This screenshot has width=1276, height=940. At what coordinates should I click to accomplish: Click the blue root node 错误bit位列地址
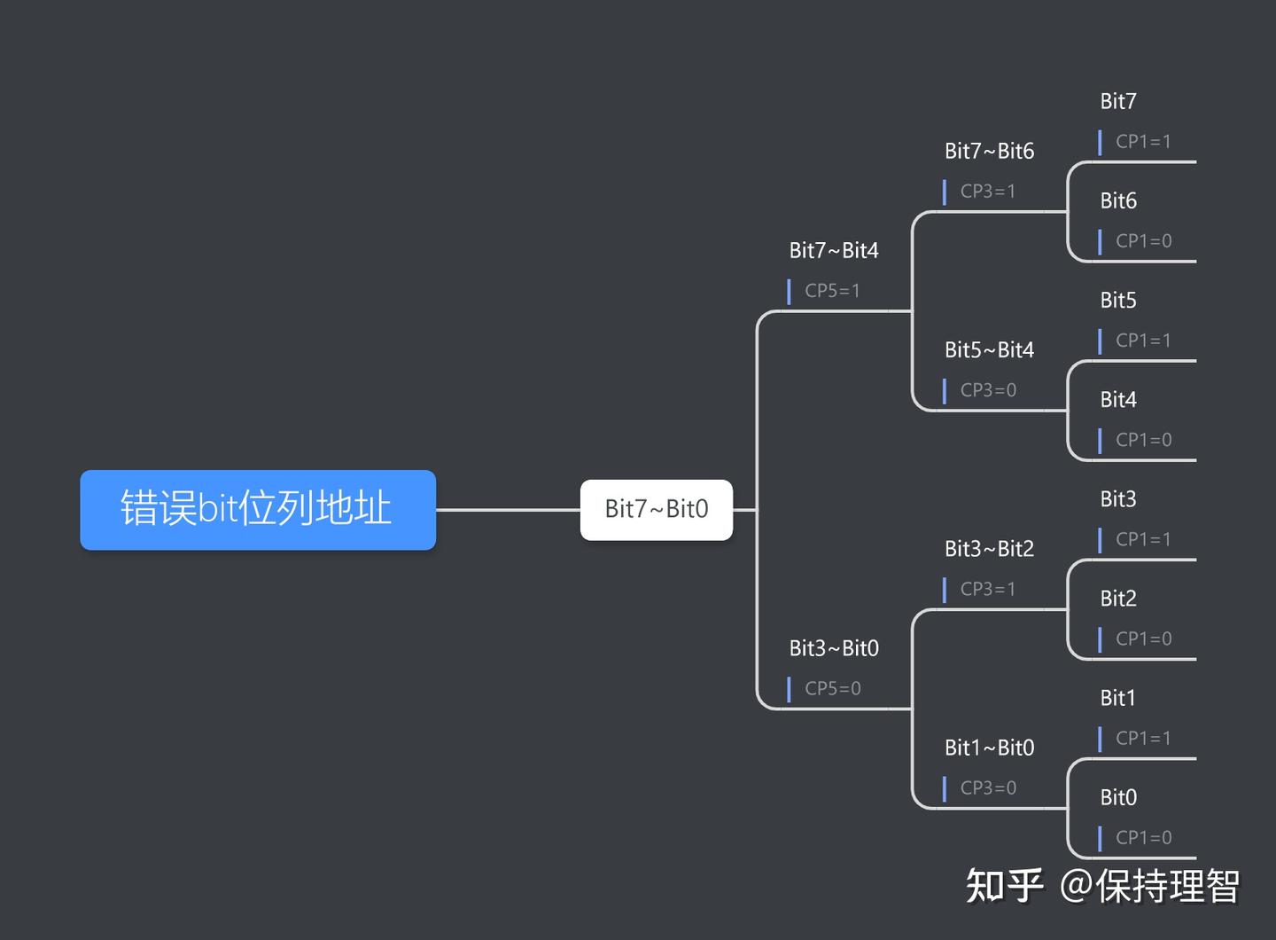click(x=257, y=509)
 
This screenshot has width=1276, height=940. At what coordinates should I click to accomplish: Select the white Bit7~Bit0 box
click(x=656, y=509)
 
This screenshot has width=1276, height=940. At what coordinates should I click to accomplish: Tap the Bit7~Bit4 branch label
click(x=833, y=251)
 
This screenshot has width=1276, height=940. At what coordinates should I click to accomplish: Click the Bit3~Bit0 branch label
click(x=833, y=648)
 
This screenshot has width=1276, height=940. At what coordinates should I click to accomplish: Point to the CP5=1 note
click(x=832, y=291)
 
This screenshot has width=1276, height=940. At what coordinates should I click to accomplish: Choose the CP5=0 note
click(x=832, y=688)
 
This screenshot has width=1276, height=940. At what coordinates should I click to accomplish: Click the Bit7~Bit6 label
click(x=989, y=152)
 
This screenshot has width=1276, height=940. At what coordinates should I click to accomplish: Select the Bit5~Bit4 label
click(x=989, y=350)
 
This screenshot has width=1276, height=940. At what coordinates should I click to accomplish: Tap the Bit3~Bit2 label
click(x=989, y=549)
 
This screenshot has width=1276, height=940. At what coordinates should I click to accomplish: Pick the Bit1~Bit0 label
click(x=989, y=748)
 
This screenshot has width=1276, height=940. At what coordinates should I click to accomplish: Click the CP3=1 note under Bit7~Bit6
click(x=987, y=192)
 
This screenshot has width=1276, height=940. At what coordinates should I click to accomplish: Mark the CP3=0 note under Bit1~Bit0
click(x=987, y=787)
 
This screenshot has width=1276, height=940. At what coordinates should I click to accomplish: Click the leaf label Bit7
click(x=1117, y=102)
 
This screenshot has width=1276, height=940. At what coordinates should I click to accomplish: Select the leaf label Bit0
click(x=1117, y=797)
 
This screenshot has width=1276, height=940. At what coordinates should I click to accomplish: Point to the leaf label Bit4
click(x=1117, y=400)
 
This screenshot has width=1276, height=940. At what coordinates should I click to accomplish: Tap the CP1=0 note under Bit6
click(x=1143, y=241)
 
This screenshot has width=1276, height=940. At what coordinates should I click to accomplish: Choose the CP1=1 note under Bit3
click(x=1143, y=539)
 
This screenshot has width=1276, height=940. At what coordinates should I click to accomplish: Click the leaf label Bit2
click(x=1117, y=599)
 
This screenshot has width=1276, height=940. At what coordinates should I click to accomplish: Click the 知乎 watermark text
click(x=1004, y=885)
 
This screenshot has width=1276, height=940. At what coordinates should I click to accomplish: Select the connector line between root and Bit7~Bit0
click(x=508, y=510)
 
